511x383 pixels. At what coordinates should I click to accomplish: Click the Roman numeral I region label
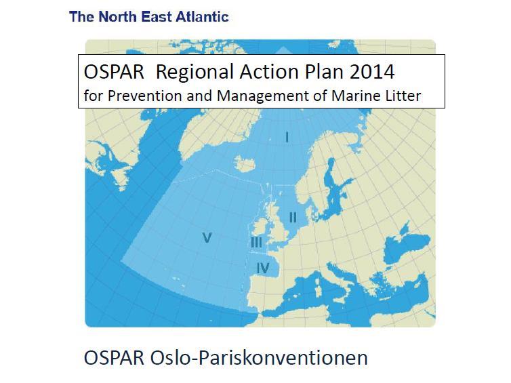pyautogui.click(x=287, y=138)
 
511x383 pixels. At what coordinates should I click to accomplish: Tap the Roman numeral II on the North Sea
pyautogui.click(x=293, y=218)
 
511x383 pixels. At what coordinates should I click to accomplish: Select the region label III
pyautogui.click(x=256, y=243)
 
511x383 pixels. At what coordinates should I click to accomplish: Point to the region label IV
pyautogui.click(x=263, y=268)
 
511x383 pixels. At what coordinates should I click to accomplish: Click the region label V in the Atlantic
pyautogui.click(x=207, y=238)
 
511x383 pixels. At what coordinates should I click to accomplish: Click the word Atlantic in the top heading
pyautogui.click(x=202, y=17)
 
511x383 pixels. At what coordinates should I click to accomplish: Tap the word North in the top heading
pyautogui.click(x=117, y=17)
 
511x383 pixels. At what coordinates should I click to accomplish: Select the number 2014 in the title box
pyautogui.click(x=372, y=72)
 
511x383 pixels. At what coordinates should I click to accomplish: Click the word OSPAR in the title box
pyautogui.click(x=114, y=72)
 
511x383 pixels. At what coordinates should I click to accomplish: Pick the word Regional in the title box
pyautogui.click(x=195, y=73)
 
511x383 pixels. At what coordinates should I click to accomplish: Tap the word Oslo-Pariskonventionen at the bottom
pyautogui.click(x=259, y=357)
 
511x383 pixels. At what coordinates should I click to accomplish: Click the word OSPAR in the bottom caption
pyautogui.click(x=114, y=357)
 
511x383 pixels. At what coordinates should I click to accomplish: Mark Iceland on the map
pyautogui.click(x=245, y=163)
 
